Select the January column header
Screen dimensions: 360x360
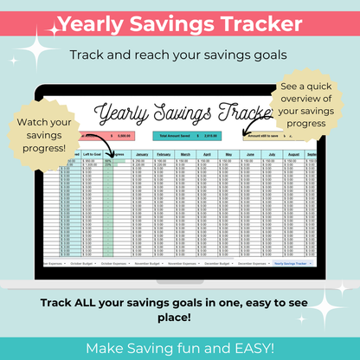point(143,155)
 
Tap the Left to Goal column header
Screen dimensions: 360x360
point(92,155)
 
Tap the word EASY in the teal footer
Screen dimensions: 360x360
point(261,347)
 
